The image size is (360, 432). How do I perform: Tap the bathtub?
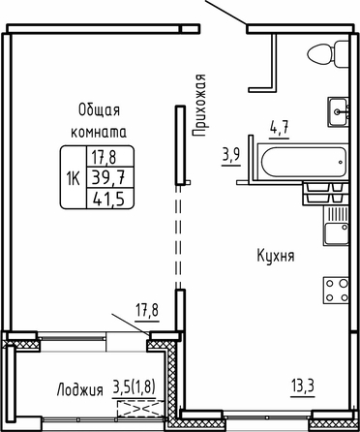[x=303, y=162]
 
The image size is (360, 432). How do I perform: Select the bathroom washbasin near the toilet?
[x=338, y=111]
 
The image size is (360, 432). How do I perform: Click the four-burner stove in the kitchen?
[x=336, y=291]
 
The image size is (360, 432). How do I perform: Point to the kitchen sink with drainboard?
[x=336, y=226]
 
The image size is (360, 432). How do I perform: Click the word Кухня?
[x=276, y=257]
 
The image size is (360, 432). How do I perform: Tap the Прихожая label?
[x=198, y=106]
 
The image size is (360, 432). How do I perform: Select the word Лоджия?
[x=80, y=389]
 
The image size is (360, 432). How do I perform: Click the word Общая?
[x=99, y=110]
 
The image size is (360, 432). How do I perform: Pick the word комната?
[x=99, y=133]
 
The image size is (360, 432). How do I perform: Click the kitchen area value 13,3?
[x=303, y=386]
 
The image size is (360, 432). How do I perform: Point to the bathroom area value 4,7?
[x=279, y=130]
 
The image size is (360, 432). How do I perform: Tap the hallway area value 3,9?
[x=230, y=156]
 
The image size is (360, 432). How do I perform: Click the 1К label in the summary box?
[x=74, y=177]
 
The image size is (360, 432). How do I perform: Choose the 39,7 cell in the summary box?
[x=109, y=177]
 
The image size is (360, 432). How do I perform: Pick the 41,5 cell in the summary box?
[x=109, y=198]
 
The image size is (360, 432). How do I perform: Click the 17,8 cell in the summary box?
[x=104, y=158]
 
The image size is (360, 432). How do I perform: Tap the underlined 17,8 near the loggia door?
[x=147, y=312]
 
